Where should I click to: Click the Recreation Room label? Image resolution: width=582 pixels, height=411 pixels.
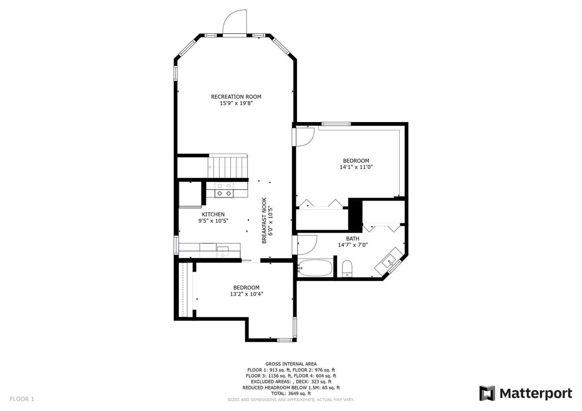pyautogui.click(x=236, y=97)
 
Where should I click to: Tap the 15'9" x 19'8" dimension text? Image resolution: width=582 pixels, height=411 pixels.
pyautogui.click(x=236, y=103)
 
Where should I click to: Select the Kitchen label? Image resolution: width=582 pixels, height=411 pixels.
pyautogui.click(x=213, y=214)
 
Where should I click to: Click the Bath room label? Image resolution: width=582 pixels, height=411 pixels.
pyautogui.click(x=352, y=239)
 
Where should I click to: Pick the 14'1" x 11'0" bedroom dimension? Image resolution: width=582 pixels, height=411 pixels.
pyautogui.click(x=356, y=167)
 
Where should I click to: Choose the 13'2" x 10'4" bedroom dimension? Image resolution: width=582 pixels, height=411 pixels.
pyautogui.click(x=246, y=294)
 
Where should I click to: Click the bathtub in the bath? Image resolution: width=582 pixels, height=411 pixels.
pyautogui.click(x=315, y=268)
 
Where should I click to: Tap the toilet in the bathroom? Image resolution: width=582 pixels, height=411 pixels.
pyautogui.click(x=347, y=269)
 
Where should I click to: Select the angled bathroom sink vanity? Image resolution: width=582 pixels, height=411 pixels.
pyautogui.click(x=389, y=261)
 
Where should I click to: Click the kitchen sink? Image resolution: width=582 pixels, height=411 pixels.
pyautogui.click(x=223, y=251)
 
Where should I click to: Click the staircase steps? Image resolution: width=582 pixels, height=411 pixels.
pyautogui.click(x=228, y=166)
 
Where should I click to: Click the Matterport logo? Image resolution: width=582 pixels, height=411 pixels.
pyautogui.click(x=525, y=393)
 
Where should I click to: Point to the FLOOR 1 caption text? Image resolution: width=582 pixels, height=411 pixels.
pyautogui.click(x=22, y=399)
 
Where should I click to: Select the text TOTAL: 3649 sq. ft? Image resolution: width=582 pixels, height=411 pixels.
pyautogui.click(x=291, y=393)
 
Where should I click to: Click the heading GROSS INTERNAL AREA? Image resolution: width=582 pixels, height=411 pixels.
pyautogui.click(x=291, y=364)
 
